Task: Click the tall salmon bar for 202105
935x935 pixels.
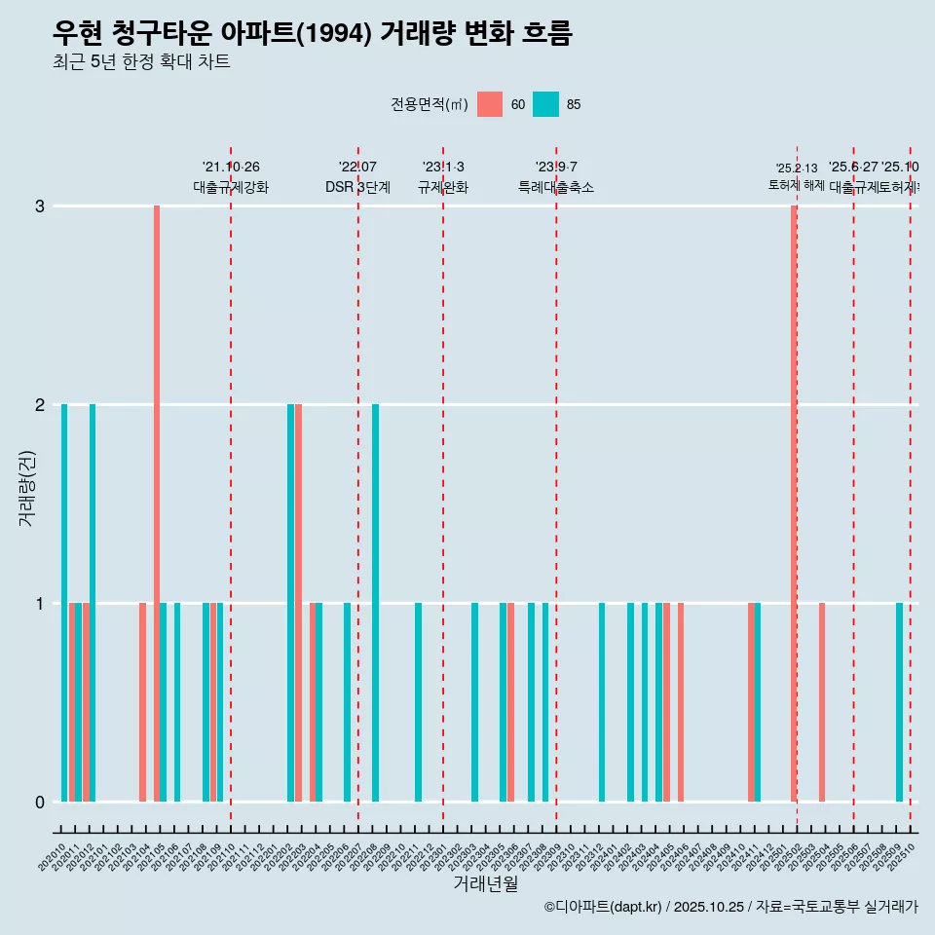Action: click(157, 503)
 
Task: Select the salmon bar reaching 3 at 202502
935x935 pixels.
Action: click(794, 503)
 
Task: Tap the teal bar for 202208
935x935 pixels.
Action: click(376, 602)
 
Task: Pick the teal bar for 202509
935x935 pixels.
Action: click(900, 701)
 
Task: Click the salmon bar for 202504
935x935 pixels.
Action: click(822, 701)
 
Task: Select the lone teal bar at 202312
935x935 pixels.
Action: click(602, 701)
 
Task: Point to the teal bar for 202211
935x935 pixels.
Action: click(419, 701)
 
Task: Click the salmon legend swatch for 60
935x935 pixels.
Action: click(490, 104)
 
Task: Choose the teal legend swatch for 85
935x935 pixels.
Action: click(546, 104)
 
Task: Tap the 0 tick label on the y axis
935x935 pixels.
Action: click(40, 802)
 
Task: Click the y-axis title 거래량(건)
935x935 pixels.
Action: click(27, 487)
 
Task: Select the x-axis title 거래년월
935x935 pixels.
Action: click(485, 883)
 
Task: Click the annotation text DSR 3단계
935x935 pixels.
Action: click(357, 187)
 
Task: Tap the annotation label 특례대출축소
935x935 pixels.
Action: click(556, 187)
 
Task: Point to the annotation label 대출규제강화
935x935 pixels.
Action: click(231, 187)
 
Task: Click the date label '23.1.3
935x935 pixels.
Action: click(443, 167)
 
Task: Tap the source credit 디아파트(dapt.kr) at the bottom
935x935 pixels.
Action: click(603, 907)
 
